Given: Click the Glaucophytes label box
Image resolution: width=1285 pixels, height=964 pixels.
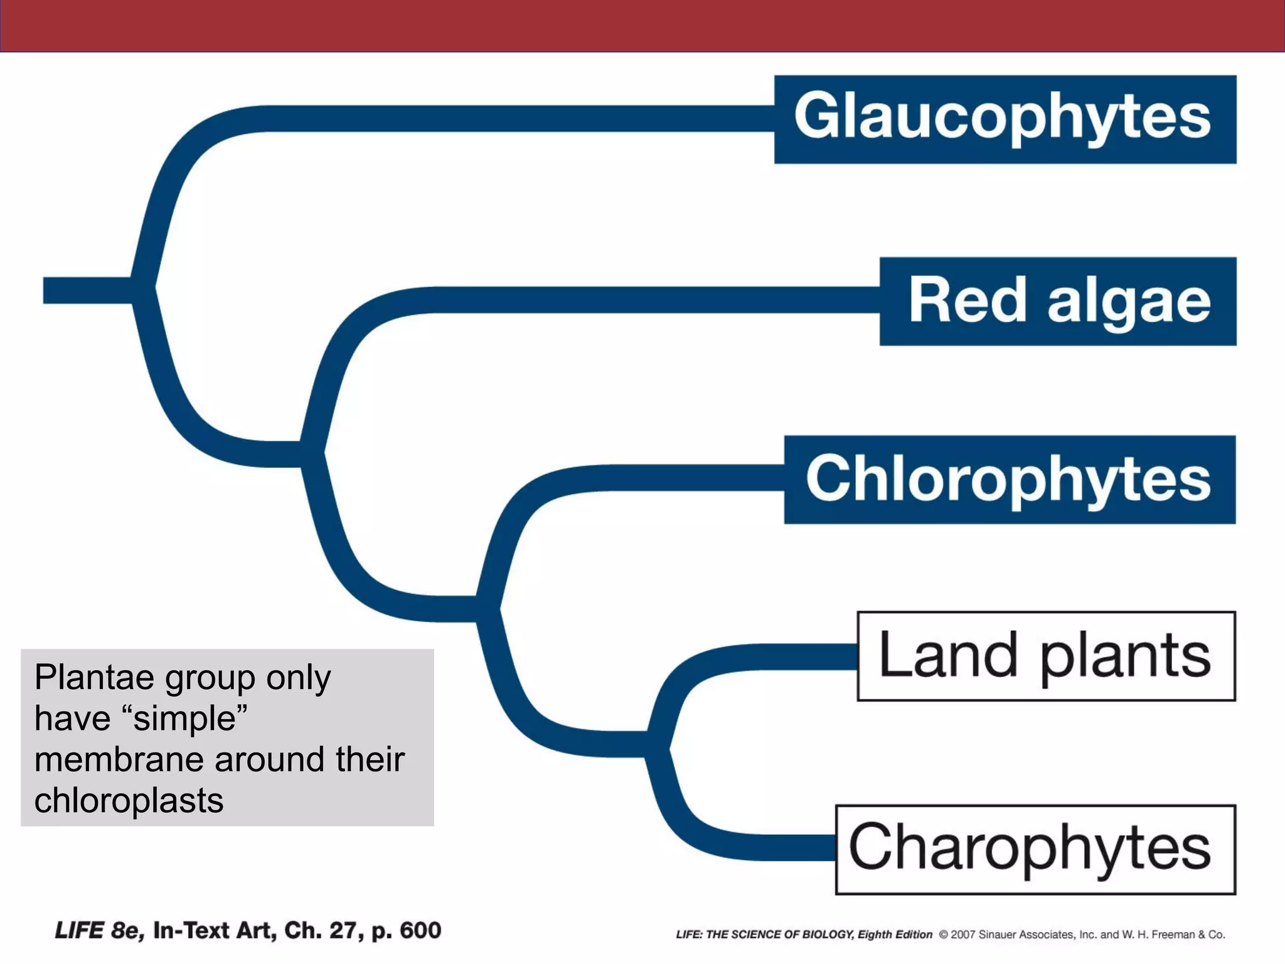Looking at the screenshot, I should (1005, 119).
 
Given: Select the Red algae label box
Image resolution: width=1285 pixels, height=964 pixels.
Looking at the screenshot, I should (1058, 301).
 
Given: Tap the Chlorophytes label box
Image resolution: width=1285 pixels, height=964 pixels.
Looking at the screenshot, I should (1010, 479).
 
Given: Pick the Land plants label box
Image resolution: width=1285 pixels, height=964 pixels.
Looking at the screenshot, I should (1046, 656).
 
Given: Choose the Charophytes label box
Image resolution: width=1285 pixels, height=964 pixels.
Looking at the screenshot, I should (1035, 849).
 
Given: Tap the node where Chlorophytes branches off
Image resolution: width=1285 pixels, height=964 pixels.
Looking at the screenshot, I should (488, 608).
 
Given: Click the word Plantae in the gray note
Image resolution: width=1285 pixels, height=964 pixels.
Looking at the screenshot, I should (93, 678).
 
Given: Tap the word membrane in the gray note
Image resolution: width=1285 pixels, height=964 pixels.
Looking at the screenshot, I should (119, 760).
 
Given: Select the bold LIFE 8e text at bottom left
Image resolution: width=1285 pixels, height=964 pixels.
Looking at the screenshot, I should (99, 930).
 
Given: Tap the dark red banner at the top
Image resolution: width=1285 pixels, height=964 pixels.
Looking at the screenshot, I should (642, 25).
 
